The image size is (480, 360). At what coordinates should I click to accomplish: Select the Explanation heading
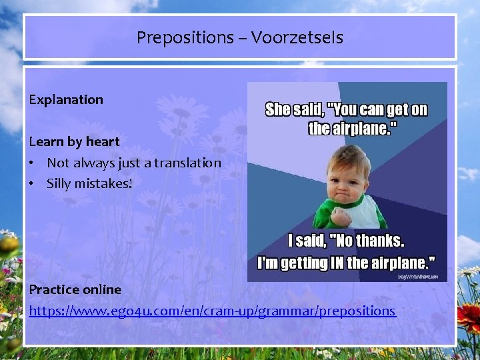tap(66, 99)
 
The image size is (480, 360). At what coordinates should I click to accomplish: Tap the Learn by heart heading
tap(74, 141)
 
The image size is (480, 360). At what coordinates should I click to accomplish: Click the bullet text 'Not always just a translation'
tap(133, 163)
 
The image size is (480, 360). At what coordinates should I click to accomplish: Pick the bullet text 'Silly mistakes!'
tap(89, 183)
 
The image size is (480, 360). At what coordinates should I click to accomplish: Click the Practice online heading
tap(75, 289)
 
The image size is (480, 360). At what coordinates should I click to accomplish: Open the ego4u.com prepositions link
tap(212, 311)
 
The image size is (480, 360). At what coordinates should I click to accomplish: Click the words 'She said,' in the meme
tap(293, 110)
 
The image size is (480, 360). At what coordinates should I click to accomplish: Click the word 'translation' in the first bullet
tap(189, 163)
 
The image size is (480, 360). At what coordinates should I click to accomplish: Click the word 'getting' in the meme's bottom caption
tap(303, 263)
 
